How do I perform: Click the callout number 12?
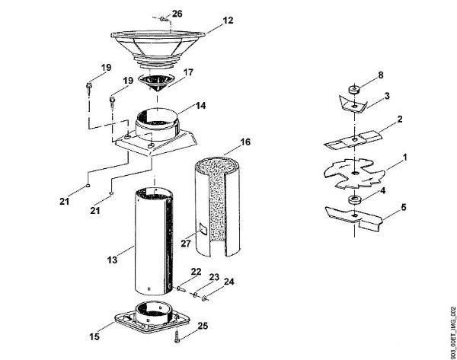point(228,23)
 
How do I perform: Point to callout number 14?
point(201,107)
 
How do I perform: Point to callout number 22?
point(196,272)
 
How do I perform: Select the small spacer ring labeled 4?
point(354,200)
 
